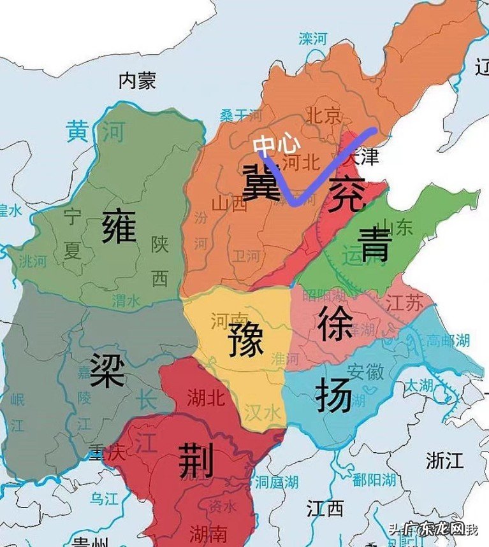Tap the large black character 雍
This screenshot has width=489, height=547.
[x=120, y=227]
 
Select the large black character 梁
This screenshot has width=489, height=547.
[x=106, y=370]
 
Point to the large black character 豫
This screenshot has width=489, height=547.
[x=245, y=339]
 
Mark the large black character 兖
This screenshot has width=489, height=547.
[x=346, y=195]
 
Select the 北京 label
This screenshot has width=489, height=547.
[x=325, y=115]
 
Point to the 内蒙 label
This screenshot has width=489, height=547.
[x=137, y=80]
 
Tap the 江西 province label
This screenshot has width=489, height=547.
[x=325, y=509]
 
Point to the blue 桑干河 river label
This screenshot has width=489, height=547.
[x=241, y=115]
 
